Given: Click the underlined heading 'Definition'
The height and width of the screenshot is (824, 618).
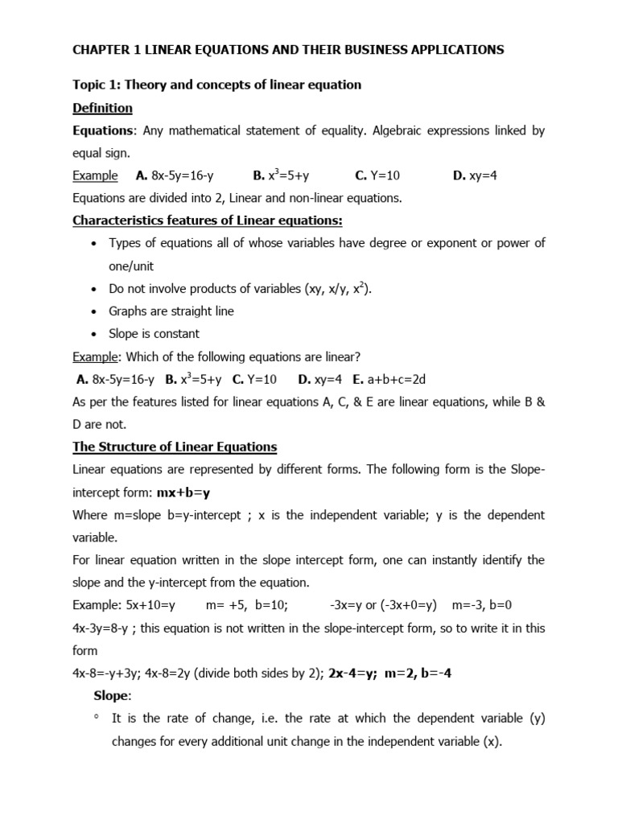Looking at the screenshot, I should coord(102,108).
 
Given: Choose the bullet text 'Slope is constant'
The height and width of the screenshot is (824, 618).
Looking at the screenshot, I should coord(154,333).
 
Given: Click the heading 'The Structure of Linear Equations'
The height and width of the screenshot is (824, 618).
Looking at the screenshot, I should coord(175,447).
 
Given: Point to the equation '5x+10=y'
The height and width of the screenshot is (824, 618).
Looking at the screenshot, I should coord(150,605).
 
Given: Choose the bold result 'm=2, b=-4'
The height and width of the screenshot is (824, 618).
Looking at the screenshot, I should coord(414,674).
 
